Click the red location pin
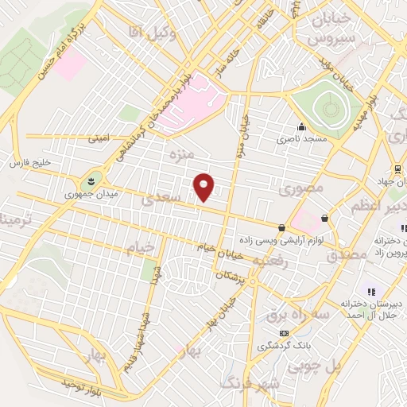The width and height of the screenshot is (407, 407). point(205,185)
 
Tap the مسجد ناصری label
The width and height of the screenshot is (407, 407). point(295,138)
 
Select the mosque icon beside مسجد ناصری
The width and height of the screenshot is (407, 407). point(300,126)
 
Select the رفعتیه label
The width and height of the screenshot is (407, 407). point(268,261)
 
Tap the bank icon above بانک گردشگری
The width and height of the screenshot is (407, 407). point(284,333)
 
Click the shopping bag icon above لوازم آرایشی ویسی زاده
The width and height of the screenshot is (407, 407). point(281,227)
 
